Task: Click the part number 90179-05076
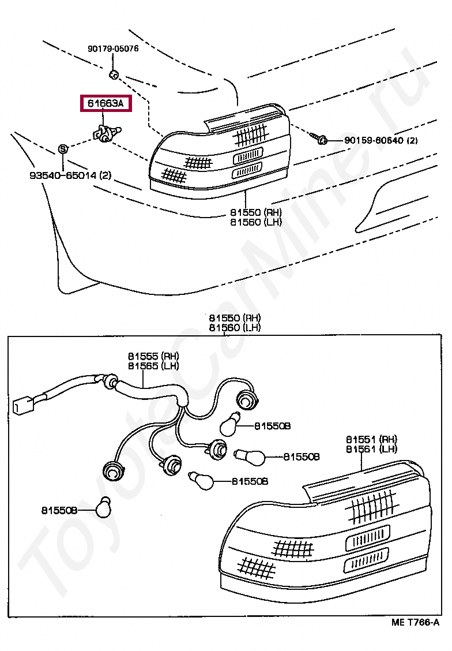[x=113, y=49]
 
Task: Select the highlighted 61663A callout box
[x=106, y=104]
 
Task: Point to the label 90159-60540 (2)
[x=381, y=140]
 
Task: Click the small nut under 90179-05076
[x=114, y=74]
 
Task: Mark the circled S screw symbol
[x=63, y=149]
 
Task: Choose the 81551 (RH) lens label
[x=371, y=439]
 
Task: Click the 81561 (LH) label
[x=371, y=449]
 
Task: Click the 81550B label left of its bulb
[x=59, y=510]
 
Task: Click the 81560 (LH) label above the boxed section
[x=235, y=328]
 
